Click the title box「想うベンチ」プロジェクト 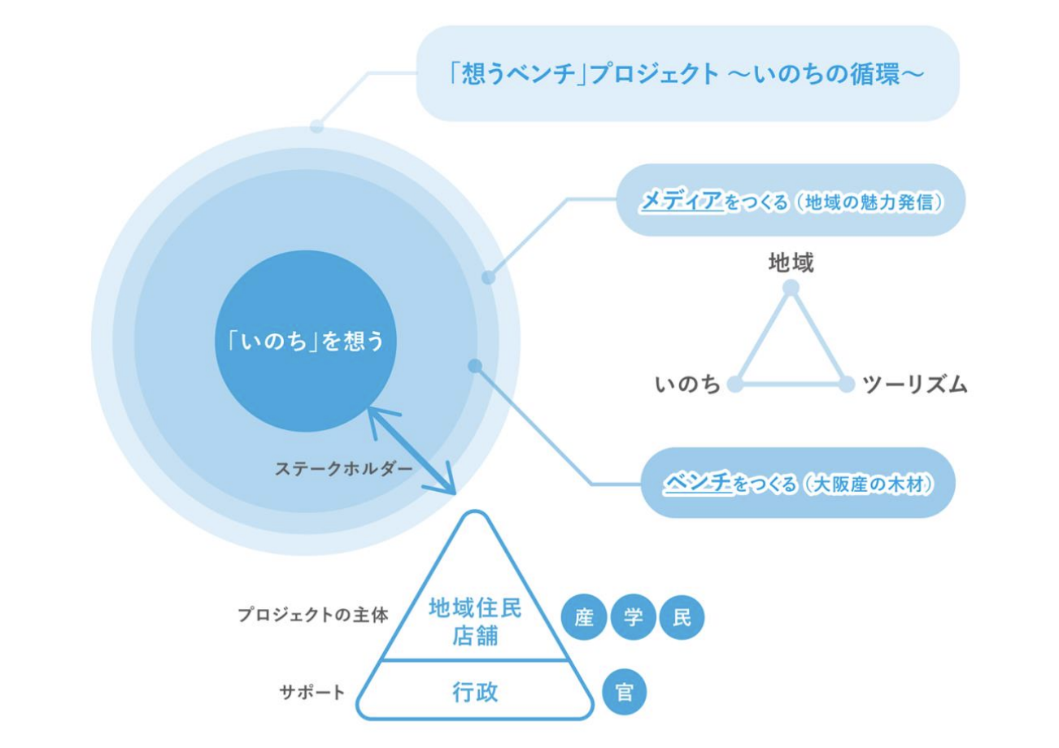pos(687,74)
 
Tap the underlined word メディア pos(682,200)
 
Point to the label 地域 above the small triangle pos(791,262)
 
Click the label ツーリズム pos(915,385)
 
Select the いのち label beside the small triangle pos(688,385)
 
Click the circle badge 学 pos(634,619)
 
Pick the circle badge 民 pos(682,619)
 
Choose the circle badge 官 pos(625,693)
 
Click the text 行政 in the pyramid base pos(475,693)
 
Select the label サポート pos(312,693)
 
